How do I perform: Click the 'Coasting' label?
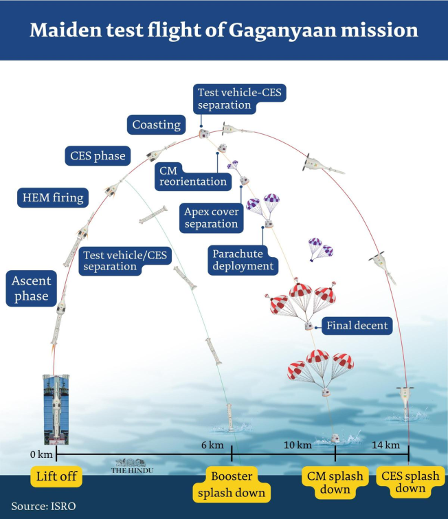coord(157,125)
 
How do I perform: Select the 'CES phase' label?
coord(98,156)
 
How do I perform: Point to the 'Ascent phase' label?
coord(30,288)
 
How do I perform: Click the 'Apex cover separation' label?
coord(211,217)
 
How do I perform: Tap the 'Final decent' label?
coord(357,326)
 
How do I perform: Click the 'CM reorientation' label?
coord(192,175)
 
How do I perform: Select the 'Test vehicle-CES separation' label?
coord(224,99)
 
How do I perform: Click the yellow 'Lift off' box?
coord(56,476)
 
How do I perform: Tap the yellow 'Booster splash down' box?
coord(231,484)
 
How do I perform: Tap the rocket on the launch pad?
coord(54,409)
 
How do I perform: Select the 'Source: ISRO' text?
coord(43,507)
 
